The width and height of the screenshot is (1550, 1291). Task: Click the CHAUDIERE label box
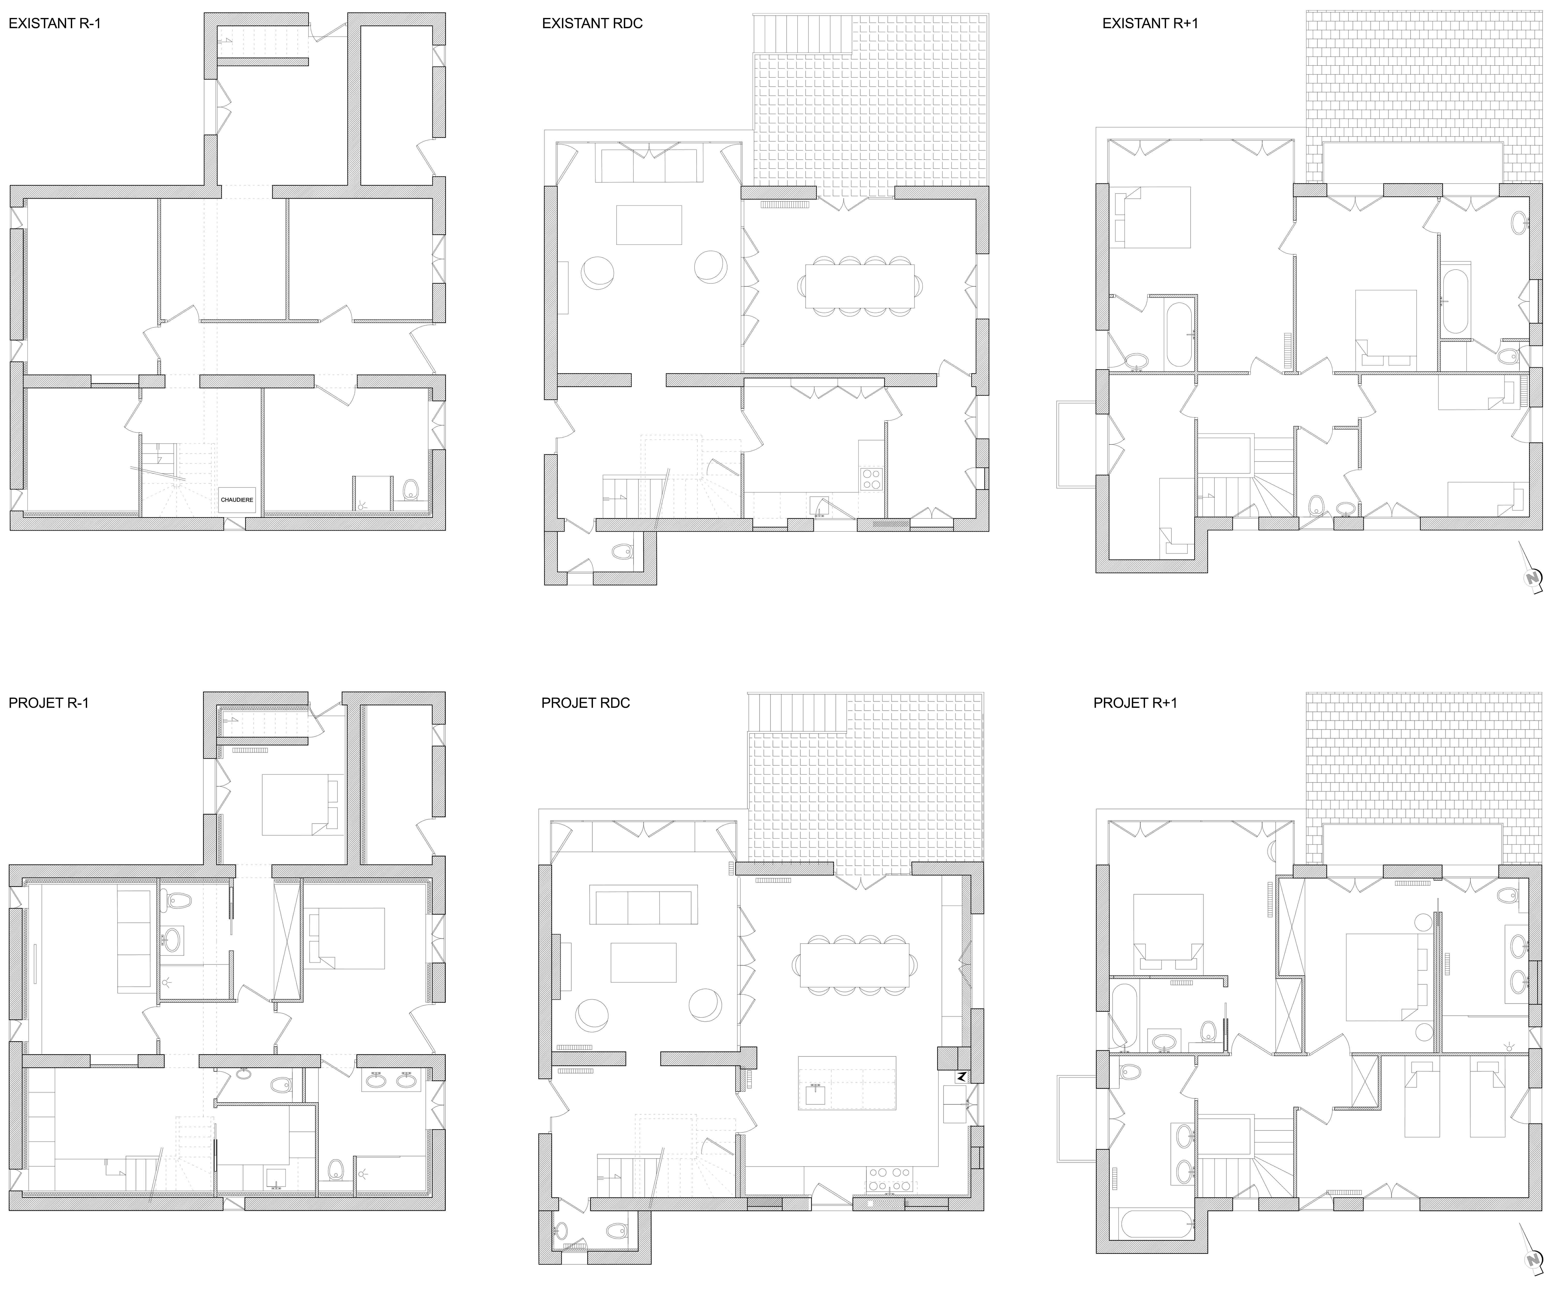point(237,499)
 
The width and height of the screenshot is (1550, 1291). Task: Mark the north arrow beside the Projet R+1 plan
point(1532,1250)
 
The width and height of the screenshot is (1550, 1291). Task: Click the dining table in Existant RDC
point(860,285)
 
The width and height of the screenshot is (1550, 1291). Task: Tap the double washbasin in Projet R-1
point(391,1080)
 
